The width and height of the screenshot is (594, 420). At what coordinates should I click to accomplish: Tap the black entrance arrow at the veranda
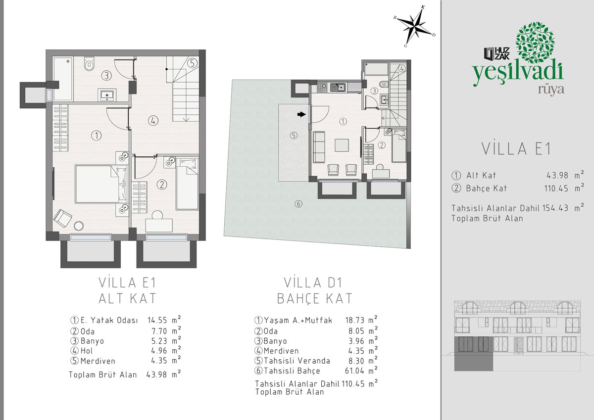[301, 114]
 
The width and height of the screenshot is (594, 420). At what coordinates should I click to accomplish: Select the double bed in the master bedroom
[101, 184]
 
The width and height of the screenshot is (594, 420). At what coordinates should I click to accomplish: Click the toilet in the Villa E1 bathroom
[90, 64]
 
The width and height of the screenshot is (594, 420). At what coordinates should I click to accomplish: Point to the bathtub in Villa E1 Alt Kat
[63, 79]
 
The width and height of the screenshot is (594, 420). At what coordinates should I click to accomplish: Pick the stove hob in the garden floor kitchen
[322, 88]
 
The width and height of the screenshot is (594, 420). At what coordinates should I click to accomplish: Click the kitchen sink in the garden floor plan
[338, 88]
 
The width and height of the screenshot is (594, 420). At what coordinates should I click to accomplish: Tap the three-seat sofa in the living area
[319, 147]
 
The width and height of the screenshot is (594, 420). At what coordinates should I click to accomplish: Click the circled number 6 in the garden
[298, 204]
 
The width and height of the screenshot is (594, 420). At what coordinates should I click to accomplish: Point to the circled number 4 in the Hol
[153, 121]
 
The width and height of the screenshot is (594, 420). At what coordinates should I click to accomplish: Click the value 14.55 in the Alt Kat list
[157, 321]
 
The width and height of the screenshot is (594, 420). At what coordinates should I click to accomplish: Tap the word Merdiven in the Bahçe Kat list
[281, 351]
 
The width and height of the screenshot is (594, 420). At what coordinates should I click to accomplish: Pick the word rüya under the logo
[551, 89]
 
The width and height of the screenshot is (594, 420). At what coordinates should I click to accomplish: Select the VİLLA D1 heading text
[313, 282]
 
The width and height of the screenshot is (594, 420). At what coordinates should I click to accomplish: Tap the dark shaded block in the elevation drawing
[473, 354]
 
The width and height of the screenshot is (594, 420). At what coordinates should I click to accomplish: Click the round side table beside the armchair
[79, 226]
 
